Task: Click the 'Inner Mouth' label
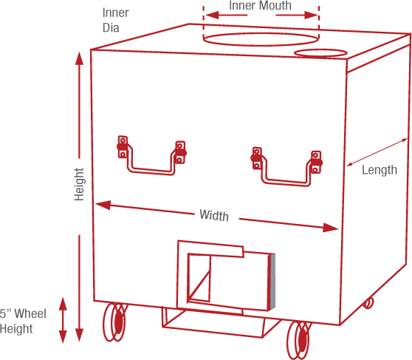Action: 260,5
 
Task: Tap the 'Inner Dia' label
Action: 115,20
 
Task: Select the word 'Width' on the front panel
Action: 214,215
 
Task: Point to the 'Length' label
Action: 380,170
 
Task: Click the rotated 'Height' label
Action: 79,185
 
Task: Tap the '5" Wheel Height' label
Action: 23,321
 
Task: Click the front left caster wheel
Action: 115,322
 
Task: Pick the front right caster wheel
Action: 299,339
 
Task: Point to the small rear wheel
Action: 368,303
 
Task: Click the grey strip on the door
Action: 272,282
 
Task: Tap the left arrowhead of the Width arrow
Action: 103,205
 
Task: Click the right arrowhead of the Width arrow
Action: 331,228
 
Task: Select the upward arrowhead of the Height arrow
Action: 79,58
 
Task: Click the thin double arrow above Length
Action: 377,152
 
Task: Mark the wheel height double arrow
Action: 63,320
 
